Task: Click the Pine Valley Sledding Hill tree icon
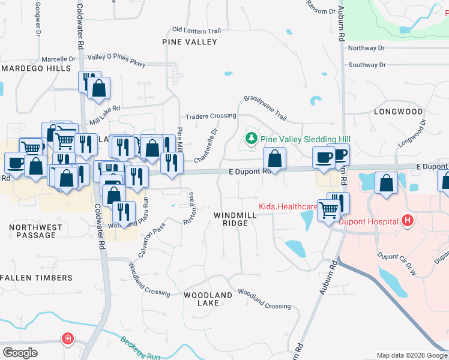pyautogui.click(x=251, y=139)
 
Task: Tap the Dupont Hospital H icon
pyautogui.click(x=408, y=221)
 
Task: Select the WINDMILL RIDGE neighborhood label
pyautogui.click(x=231, y=219)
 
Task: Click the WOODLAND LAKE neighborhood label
pyautogui.click(x=208, y=299)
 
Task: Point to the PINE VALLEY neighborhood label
pyautogui.click(x=189, y=42)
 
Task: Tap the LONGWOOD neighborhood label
pyautogui.click(x=398, y=112)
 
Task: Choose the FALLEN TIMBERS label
pyautogui.click(x=37, y=278)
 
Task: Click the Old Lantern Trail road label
pyautogui.click(x=196, y=30)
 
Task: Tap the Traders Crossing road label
pyautogui.click(x=210, y=116)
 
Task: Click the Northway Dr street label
pyautogui.click(x=366, y=48)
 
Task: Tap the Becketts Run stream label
pyautogui.click(x=140, y=348)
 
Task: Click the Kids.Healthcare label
pyautogui.click(x=288, y=206)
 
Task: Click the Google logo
pyautogui.click(x=20, y=352)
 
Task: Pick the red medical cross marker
pyautogui.click(x=68, y=339)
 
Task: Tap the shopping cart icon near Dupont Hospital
pyautogui.click(x=328, y=209)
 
